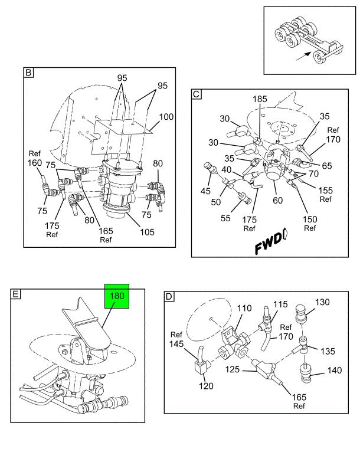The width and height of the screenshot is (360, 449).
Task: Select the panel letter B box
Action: (x=28, y=74)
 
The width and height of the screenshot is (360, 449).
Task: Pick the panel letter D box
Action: (x=169, y=296)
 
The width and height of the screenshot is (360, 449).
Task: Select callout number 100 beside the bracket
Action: (x=166, y=117)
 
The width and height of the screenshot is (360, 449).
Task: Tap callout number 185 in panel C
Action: (x=260, y=99)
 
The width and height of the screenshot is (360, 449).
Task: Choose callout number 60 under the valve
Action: (x=277, y=199)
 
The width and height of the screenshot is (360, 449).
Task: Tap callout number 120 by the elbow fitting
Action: (x=206, y=386)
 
